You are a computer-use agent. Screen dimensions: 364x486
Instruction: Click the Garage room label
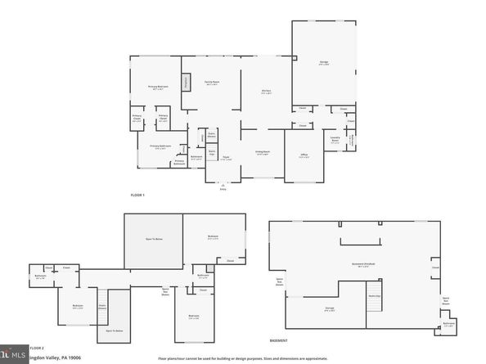324,63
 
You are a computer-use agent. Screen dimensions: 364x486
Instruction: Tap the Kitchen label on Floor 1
266,92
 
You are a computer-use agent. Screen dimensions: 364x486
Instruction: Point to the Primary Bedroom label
158,88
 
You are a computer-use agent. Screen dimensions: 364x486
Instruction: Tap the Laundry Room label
335,139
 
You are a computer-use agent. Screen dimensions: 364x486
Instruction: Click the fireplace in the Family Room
185,82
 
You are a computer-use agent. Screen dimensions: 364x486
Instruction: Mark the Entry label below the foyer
223,189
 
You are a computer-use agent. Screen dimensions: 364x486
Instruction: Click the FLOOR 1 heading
137,195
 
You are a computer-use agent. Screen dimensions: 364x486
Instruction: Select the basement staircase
374,302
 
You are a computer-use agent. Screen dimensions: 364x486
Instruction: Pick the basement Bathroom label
448,324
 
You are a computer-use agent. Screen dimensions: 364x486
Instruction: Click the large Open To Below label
152,240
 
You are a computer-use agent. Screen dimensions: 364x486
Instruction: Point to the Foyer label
226,158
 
